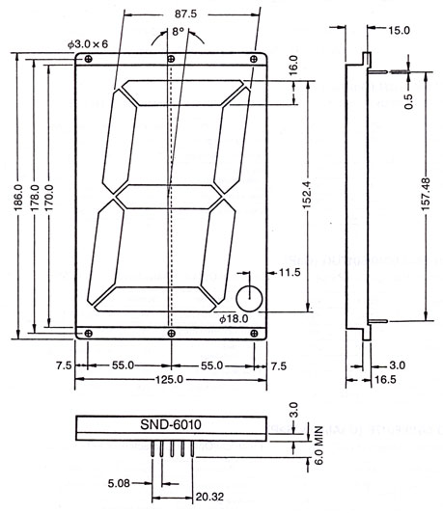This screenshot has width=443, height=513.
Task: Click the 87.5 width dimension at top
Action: [x=185, y=14]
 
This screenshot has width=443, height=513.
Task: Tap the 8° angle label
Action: [x=179, y=32]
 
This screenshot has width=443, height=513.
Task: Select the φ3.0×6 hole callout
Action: [x=88, y=44]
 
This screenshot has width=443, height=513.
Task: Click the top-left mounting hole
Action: [x=88, y=59]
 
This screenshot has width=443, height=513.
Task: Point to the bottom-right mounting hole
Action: [x=254, y=334]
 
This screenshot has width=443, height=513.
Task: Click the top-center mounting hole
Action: [x=171, y=59]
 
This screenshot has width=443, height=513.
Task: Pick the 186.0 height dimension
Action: [x=18, y=197]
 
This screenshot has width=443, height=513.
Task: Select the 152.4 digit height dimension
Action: [x=307, y=195]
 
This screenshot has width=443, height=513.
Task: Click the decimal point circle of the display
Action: [x=250, y=299]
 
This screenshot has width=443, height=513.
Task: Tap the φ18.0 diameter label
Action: [x=234, y=319]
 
